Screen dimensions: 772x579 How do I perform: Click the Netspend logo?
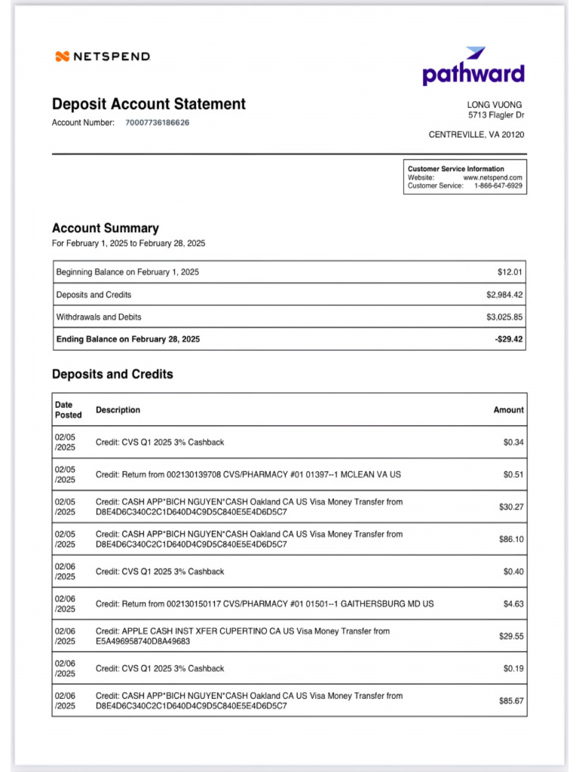point(103,57)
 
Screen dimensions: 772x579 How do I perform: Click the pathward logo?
point(473,67)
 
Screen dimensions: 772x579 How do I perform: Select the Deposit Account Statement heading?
point(149,104)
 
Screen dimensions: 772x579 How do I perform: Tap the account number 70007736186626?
point(157,122)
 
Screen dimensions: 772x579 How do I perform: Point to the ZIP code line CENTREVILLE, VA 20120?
point(476,135)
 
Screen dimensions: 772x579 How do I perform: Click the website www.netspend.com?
point(492,177)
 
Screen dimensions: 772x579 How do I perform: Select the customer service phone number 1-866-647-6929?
point(498,185)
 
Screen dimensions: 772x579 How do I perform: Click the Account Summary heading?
point(105,228)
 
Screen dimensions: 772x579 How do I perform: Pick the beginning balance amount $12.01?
point(510,272)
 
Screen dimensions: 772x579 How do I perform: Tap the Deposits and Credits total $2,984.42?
point(504,295)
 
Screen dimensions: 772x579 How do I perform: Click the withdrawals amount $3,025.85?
point(504,317)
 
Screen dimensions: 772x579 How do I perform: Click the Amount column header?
point(508,410)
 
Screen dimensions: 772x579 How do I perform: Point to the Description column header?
point(118,410)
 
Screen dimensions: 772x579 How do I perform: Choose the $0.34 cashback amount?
point(513,443)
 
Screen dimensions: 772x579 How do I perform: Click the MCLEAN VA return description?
point(248,475)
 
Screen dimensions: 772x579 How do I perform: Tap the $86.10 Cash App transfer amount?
point(510,540)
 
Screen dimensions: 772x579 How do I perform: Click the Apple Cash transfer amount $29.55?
point(510,636)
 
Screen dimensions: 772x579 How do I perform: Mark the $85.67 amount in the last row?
point(510,701)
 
